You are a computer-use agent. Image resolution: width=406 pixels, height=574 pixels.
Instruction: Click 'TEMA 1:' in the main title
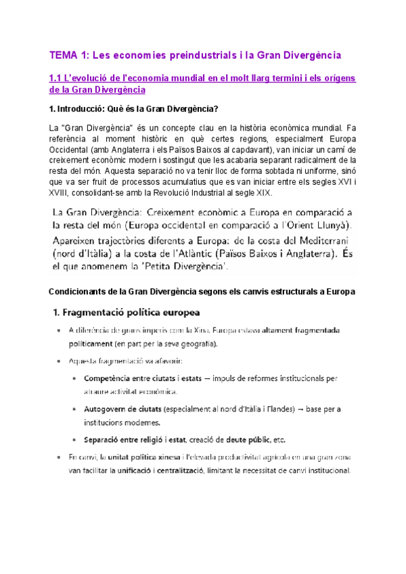71,53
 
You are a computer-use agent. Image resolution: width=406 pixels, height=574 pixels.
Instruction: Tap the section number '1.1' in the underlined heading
58,79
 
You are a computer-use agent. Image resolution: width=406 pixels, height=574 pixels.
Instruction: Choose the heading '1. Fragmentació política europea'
127,313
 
